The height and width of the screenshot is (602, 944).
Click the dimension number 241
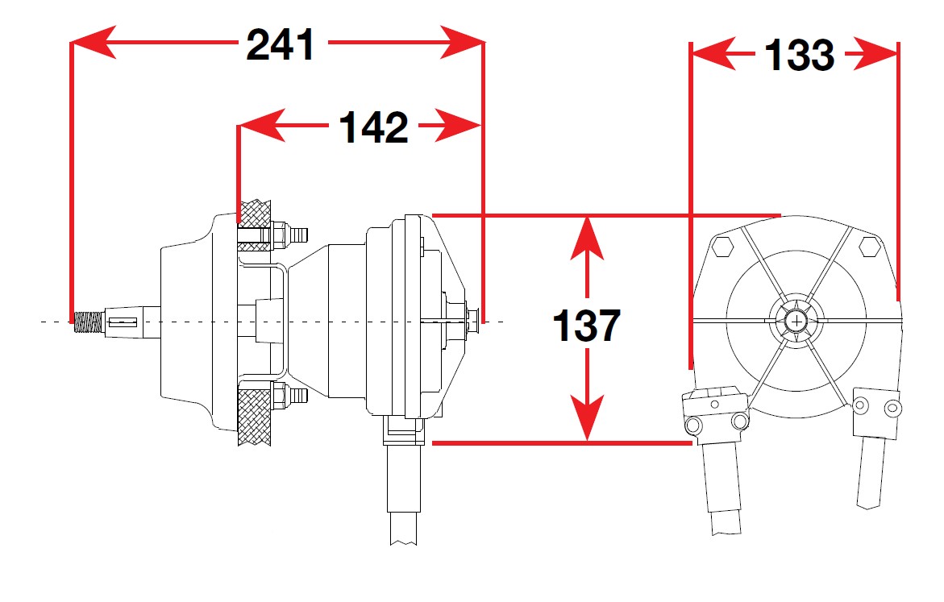pyautogui.click(x=281, y=45)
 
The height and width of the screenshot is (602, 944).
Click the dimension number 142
pyautogui.click(x=374, y=127)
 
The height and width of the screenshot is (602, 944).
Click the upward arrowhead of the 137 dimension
pyautogui.click(x=588, y=236)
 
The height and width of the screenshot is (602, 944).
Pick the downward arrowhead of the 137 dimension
pyautogui.click(x=588, y=421)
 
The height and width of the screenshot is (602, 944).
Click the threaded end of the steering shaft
pyautogui.click(x=86, y=323)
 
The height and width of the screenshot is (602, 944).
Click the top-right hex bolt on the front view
pyautogui.click(x=870, y=245)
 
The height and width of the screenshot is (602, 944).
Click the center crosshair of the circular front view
pyautogui.click(x=797, y=320)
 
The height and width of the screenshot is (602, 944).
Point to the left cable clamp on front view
pyautogui.click(x=713, y=411)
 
